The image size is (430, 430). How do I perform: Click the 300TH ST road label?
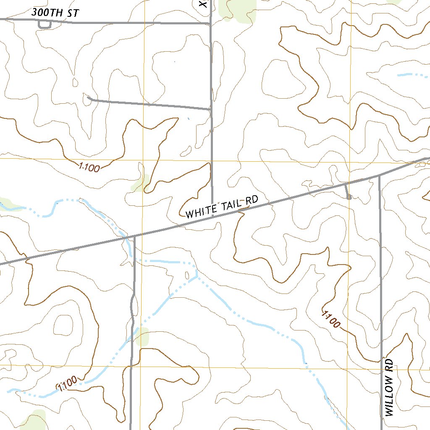coord(55,13)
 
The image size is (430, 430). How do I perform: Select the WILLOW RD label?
coord(389,387)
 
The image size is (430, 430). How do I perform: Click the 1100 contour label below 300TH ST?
coord(89,168)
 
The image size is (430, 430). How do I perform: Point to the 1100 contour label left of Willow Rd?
coord(331,319)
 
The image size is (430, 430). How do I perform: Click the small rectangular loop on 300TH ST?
coord(45,24)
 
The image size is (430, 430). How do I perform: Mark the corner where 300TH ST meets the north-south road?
coord(210,24)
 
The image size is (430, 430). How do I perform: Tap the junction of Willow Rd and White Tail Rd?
coord(379,176)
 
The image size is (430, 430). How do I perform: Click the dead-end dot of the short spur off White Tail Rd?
coord(349,197)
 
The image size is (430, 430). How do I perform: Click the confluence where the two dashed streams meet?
coord(196,277)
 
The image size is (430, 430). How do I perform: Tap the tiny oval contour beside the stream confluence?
coord(187,275)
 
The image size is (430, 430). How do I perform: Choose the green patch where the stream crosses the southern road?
coord(142,337)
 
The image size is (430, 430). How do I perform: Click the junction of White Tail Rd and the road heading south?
coord(134,236)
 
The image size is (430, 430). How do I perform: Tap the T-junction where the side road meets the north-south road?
coord(210,109)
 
